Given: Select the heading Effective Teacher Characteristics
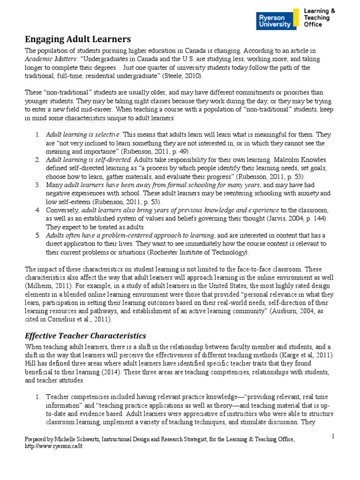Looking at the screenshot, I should tap(85, 336).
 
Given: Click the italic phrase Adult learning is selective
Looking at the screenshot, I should tap(83, 135).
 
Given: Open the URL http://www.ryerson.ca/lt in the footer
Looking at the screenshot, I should tap(52, 447).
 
